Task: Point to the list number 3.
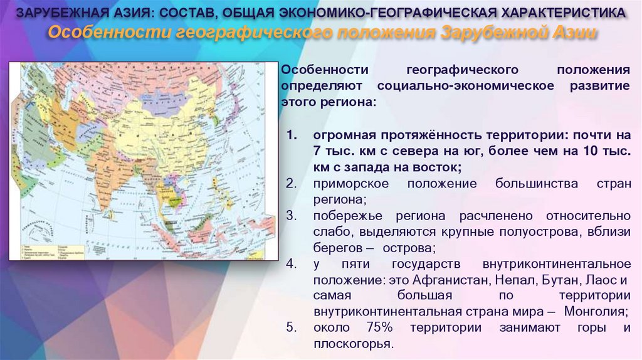click(x=290, y=215)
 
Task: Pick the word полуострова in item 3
click(x=548, y=231)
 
